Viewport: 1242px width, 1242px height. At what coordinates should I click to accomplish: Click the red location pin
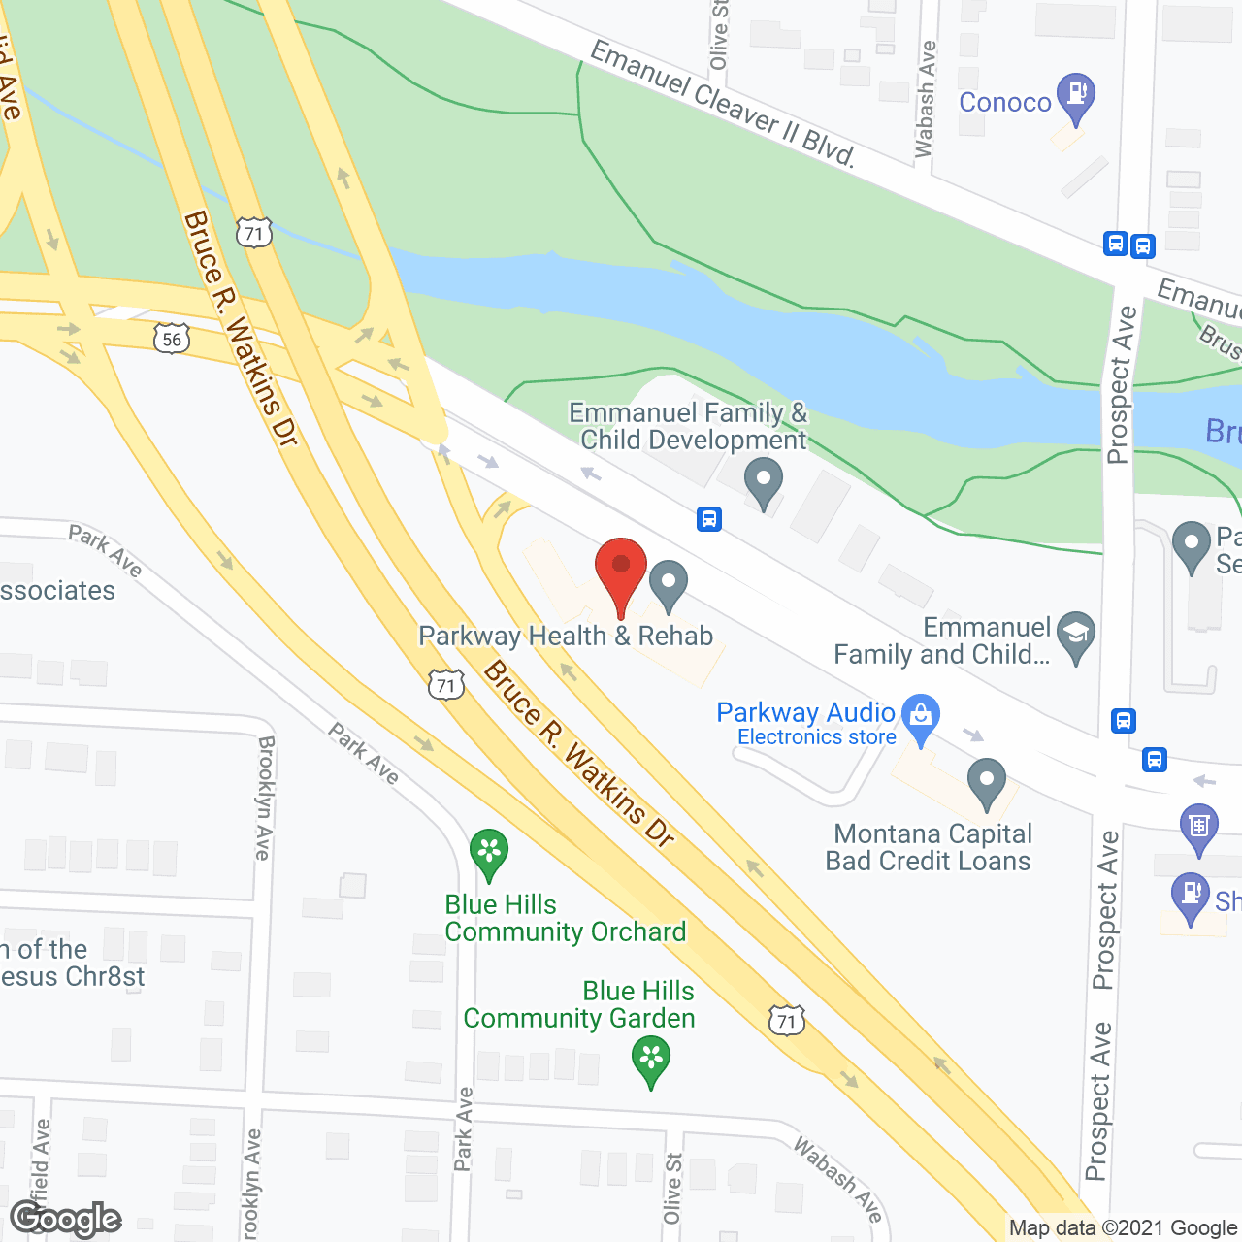[x=620, y=572]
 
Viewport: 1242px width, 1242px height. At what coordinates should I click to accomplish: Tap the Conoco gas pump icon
[x=1075, y=96]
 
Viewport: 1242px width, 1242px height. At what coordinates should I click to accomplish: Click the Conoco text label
[x=1004, y=102]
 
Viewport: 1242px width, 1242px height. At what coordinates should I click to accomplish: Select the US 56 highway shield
[x=171, y=338]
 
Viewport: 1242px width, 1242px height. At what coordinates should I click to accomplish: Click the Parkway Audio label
[x=804, y=712]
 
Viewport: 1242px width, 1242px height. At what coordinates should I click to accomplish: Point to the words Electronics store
[x=816, y=737]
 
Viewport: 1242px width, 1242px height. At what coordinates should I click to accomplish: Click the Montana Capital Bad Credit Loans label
[x=928, y=847]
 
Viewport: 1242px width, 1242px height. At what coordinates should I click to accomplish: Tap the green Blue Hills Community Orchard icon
[x=489, y=852]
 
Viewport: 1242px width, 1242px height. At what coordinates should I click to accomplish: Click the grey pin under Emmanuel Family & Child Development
[x=764, y=480]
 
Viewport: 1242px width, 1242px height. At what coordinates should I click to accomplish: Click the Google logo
[x=66, y=1219]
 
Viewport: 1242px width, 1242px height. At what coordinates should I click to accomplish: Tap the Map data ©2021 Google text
[x=1124, y=1228]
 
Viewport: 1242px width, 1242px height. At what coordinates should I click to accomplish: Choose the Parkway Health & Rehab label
[x=566, y=637]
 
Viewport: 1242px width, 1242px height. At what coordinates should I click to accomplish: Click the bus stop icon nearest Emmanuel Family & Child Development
[x=709, y=519]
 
